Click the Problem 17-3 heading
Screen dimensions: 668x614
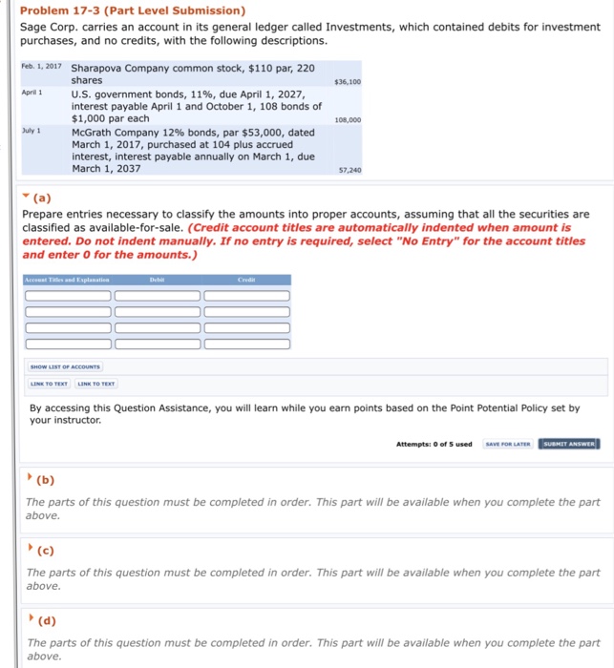point(133,10)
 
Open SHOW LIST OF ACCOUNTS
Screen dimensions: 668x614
point(66,366)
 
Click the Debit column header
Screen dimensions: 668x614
point(158,280)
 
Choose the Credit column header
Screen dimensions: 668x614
point(246,280)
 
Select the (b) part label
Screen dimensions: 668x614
point(43,481)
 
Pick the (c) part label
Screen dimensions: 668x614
point(42,552)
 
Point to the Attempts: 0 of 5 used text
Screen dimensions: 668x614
point(434,444)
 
